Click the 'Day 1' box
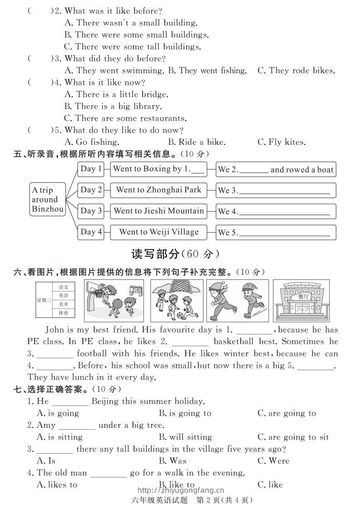click(x=91, y=169)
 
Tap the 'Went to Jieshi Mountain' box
click(x=158, y=211)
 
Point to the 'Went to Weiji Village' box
click(x=158, y=232)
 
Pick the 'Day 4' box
click(x=91, y=232)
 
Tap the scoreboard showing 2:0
click(x=135, y=289)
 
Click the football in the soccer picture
click(x=178, y=313)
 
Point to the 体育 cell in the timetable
click(x=64, y=313)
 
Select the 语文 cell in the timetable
click(x=64, y=287)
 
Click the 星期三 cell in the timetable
click(x=44, y=300)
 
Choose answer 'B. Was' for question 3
click(x=172, y=460)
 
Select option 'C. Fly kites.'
click(x=281, y=142)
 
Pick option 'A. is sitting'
click(x=59, y=437)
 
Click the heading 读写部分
click(x=155, y=254)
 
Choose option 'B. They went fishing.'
click(x=207, y=70)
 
